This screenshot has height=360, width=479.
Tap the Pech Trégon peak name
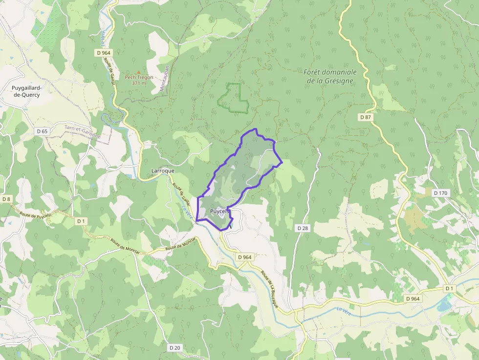click(139, 77)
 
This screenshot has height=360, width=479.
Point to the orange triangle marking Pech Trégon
click(138, 72)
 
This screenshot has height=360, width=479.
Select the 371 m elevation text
click(139, 83)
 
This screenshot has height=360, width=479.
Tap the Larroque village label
click(163, 171)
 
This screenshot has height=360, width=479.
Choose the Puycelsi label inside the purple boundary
click(219, 211)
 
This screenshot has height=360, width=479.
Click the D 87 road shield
click(366, 117)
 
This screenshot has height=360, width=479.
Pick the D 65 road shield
click(42, 131)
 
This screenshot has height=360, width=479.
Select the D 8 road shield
click(6, 199)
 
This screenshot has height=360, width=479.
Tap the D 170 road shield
click(440, 193)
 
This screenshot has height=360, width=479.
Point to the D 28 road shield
click(303, 228)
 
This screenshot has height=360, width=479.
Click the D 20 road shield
click(174, 347)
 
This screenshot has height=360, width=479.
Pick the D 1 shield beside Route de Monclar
click(81, 221)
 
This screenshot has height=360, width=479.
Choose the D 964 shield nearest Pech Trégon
click(104, 52)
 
